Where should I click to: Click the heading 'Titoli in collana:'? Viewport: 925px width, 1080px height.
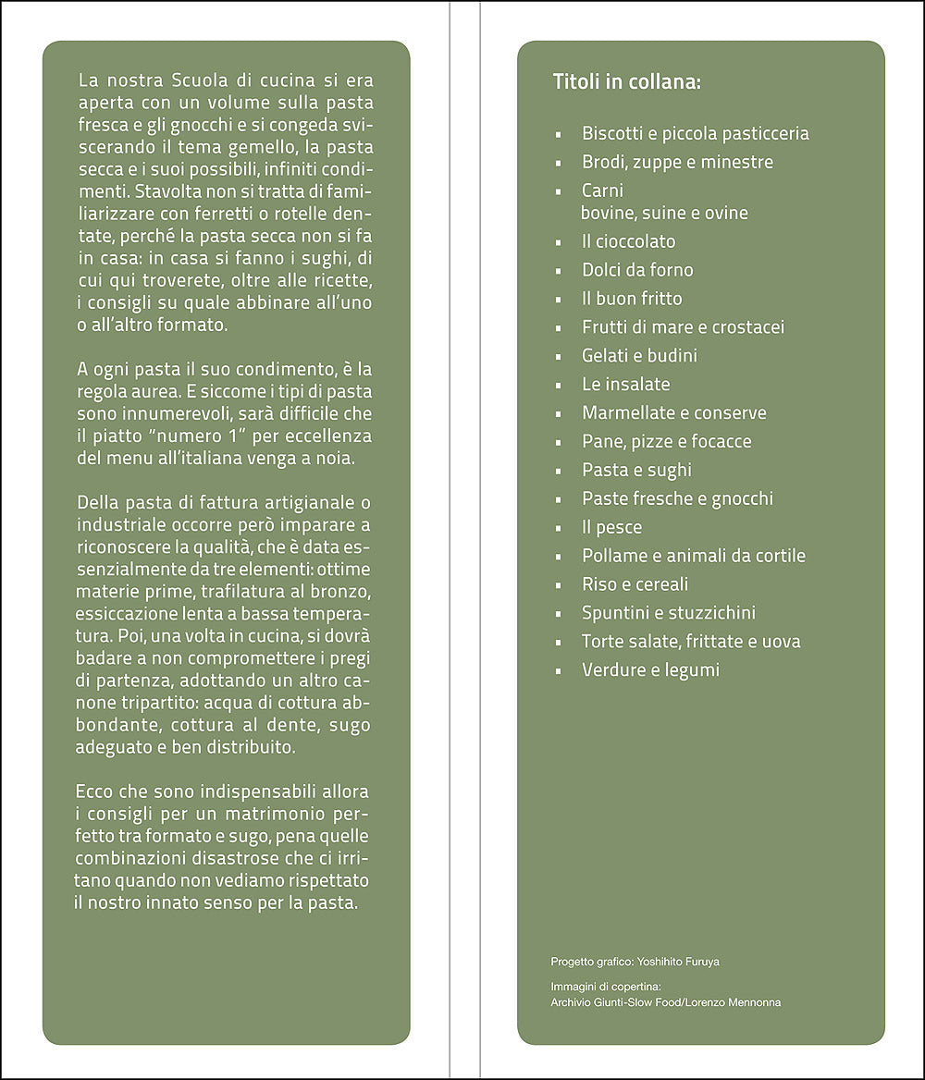626,81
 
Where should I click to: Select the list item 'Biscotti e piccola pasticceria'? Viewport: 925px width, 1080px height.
695,133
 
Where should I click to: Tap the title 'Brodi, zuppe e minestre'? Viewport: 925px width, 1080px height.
677,162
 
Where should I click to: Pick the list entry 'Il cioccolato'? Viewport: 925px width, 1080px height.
628,241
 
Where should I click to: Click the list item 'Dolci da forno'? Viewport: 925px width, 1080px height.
637,270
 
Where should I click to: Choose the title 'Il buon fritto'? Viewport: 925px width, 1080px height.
632,299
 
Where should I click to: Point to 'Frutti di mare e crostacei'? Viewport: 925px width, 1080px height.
683,327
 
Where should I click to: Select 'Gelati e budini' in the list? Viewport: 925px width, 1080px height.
639,356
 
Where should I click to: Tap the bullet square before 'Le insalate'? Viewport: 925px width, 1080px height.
558,385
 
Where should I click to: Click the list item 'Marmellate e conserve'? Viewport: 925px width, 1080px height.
673,413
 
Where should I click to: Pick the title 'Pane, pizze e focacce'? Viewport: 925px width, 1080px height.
666,442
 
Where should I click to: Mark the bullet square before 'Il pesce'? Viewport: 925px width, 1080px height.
558,528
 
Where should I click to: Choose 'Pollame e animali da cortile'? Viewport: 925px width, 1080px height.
693,556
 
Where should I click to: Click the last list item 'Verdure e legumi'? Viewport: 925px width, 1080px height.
649,669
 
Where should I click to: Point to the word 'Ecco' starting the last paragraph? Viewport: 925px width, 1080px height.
96,792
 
